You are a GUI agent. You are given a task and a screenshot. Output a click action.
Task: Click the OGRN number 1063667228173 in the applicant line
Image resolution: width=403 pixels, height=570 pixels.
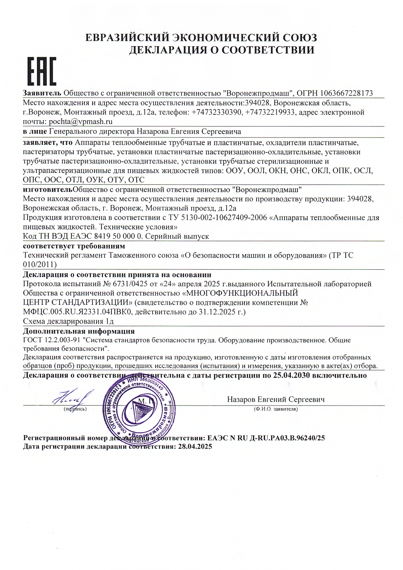(346, 93)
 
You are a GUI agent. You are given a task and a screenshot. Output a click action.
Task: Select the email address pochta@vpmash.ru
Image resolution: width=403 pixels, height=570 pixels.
(80, 122)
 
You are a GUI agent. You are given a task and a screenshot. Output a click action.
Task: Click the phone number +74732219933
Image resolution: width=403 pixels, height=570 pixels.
(270, 112)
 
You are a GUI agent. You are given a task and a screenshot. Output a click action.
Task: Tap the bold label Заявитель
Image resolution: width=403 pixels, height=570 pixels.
(42, 93)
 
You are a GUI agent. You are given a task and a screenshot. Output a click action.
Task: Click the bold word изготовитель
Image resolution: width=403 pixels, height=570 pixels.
(48, 189)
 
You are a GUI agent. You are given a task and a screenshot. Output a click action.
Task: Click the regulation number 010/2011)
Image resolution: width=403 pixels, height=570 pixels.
(40, 265)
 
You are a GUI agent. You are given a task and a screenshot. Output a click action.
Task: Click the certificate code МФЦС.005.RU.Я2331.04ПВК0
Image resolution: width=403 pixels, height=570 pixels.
(77, 312)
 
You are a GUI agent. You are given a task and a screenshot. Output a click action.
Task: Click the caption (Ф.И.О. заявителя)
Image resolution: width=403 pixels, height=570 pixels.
(275, 409)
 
